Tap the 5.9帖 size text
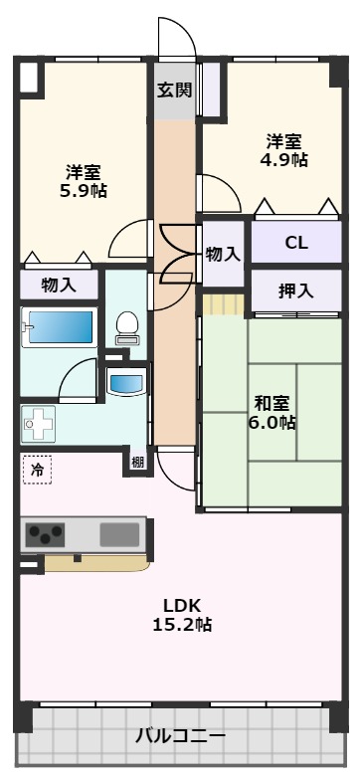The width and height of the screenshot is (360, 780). click(83, 191)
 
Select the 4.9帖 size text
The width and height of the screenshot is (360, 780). click(285, 160)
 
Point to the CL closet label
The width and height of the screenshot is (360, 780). click(296, 243)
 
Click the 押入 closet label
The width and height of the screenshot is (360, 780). click(295, 292)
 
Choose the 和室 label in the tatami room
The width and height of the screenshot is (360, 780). click(272, 403)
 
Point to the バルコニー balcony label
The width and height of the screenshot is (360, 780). click(180, 737)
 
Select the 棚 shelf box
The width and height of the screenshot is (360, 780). click(135, 461)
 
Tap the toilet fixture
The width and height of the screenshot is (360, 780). click(126, 324)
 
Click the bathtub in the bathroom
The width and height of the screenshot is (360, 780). click(59, 326)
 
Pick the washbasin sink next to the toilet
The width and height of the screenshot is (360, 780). click(126, 381)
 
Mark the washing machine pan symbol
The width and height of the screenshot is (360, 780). click(41, 424)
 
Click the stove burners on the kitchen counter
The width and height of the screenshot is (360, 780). click(46, 535)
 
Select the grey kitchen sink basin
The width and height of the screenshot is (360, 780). click(119, 533)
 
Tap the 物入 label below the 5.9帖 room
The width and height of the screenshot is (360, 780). click(59, 286)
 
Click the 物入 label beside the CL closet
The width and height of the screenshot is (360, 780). click(223, 254)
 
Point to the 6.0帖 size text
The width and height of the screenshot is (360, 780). click(272, 423)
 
